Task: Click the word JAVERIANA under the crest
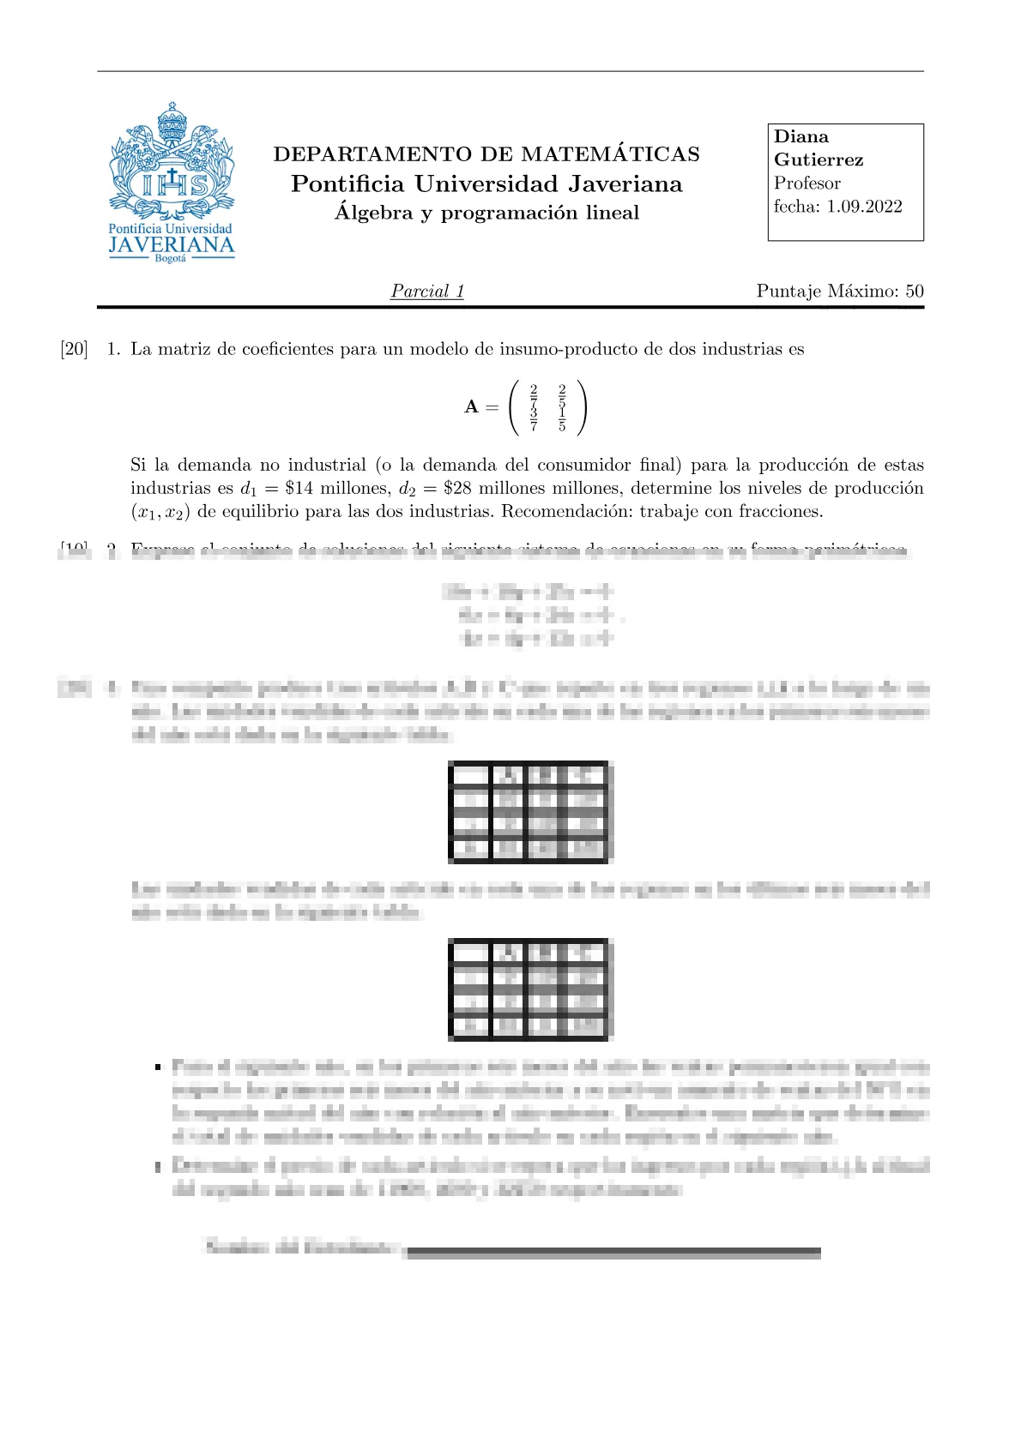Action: pyautogui.click(x=172, y=244)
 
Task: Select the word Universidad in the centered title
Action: pyautogui.click(x=486, y=184)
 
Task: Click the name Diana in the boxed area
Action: pyautogui.click(x=801, y=137)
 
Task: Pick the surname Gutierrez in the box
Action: pyautogui.click(x=819, y=160)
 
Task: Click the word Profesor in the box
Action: pyautogui.click(x=807, y=183)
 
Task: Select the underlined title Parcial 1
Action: pyautogui.click(x=427, y=292)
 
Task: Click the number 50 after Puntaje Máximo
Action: pyautogui.click(x=915, y=292)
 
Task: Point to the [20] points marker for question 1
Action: pyautogui.click(x=75, y=349)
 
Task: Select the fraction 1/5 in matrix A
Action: pyautogui.click(x=562, y=419)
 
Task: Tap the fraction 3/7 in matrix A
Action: pyautogui.click(x=534, y=419)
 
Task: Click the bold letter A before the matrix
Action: pyautogui.click(x=471, y=407)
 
